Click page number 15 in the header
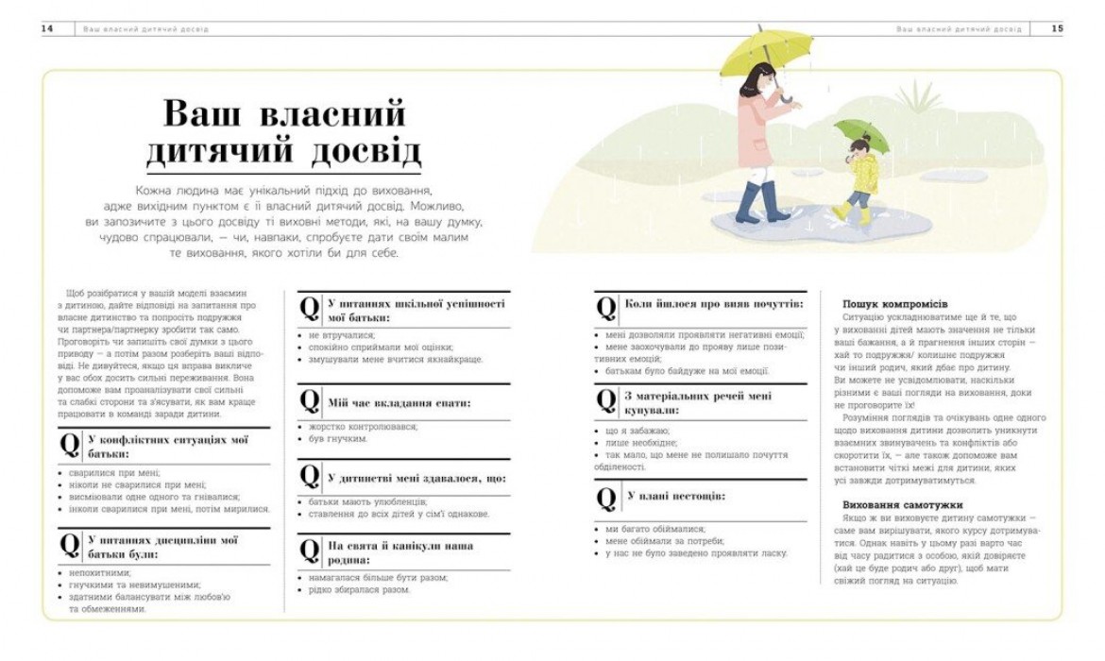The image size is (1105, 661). tap(1058, 29)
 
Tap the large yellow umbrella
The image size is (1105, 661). tap(766, 50)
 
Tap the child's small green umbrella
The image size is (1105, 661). tap(860, 133)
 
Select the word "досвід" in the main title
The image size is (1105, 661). tap(364, 152)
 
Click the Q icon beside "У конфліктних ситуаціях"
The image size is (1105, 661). tap(70, 446)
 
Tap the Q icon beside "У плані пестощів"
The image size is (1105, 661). tap(606, 497)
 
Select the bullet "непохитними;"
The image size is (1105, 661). tap(100, 572)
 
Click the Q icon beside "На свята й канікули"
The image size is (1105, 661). tap(310, 551)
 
